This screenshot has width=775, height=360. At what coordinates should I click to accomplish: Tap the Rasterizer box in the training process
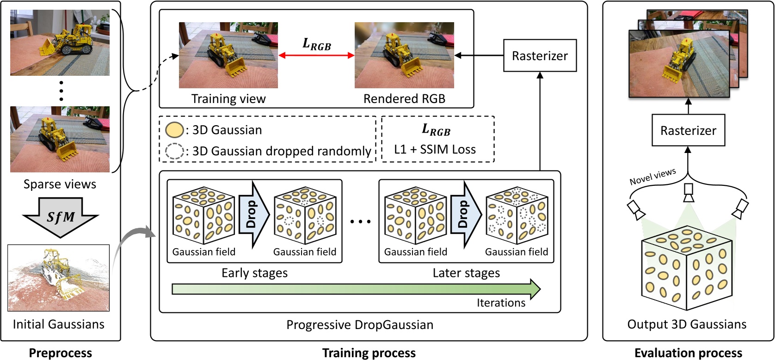[540, 56]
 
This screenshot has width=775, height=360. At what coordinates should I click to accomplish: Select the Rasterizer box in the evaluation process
[688, 131]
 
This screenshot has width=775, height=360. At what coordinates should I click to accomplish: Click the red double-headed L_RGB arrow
[316, 55]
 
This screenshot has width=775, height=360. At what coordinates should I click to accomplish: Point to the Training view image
[228, 55]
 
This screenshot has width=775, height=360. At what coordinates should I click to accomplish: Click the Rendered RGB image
[404, 55]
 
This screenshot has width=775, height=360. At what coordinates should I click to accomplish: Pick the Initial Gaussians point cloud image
[59, 278]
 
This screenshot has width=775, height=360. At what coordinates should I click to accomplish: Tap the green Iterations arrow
[356, 289]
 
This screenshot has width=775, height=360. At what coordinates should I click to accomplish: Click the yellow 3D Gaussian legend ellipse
[175, 130]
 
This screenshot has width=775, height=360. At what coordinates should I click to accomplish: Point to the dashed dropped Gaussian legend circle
[175, 151]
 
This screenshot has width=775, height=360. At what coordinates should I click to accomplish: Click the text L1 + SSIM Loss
[435, 149]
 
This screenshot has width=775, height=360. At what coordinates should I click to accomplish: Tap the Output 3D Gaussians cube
[687, 268]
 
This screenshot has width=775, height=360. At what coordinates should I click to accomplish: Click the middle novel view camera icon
[689, 192]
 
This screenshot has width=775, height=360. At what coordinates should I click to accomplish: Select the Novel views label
[652, 177]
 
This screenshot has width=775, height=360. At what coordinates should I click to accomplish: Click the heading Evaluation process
[688, 353]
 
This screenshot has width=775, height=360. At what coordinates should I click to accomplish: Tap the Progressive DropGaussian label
[360, 325]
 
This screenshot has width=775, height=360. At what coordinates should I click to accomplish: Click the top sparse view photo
[60, 43]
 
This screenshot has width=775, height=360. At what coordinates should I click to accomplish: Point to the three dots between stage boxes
[360, 221]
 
